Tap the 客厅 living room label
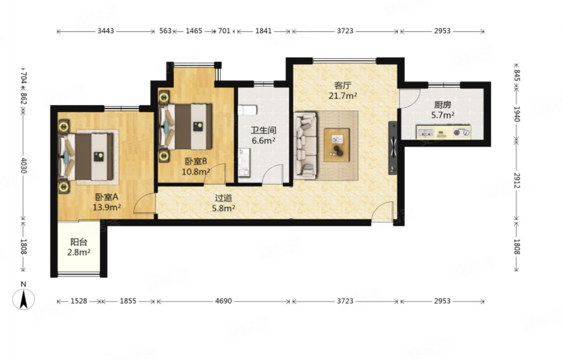click(x=343, y=86)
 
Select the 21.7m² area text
click(x=343, y=96)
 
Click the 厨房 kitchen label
click(x=442, y=105)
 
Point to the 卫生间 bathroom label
click(x=263, y=130)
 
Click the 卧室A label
click(x=107, y=197)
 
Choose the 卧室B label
click(x=196, y=161)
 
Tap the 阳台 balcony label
click(x=79, y=242)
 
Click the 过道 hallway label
click(x=224, y=198)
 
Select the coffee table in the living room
click(x=337, y=145)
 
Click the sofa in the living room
click(x=305, y=146)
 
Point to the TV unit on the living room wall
click(x=393, y=148)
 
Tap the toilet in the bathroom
click(x=247, y=109)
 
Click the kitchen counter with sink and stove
click(x=443, y=132)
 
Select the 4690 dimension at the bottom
click(x=224, y=301)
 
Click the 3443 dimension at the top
click(x=106, y=31)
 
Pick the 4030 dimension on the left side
click(x=23, y=165)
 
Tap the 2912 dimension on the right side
click(x=516, y=181)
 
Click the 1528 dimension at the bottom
click(x=79, y=301)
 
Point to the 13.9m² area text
click(x=107, y=207)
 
